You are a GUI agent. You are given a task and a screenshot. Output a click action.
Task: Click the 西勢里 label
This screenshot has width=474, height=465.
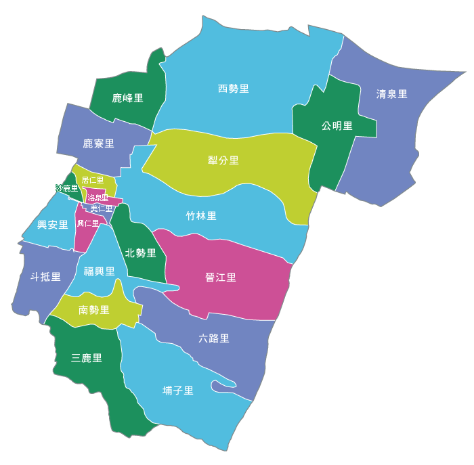pyautogui.click(x=234, y=89)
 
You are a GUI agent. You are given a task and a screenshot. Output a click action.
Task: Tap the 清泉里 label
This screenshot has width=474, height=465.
pyautogui.click(x=392, y=94)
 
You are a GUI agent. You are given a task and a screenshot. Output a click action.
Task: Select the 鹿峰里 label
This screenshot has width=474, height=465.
pyautogui.click(x=127, y=98)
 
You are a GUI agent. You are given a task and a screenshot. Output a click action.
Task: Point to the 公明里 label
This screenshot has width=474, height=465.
pyautogui.click(x=337, y=125)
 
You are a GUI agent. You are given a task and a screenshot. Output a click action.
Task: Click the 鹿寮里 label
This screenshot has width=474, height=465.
pyautogui.click(x=98, y=143)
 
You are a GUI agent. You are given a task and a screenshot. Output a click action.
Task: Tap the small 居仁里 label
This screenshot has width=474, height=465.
pyautogui.click(x=93, y=180)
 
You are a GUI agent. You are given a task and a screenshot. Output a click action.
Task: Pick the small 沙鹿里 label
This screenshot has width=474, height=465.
pyautogui.click(x=67, y=188)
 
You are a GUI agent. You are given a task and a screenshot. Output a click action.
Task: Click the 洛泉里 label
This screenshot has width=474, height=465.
pyautogui.click(x=98, y=198)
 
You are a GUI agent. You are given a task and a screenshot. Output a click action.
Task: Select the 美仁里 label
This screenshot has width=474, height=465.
pyautogui.click(x=102, y=208)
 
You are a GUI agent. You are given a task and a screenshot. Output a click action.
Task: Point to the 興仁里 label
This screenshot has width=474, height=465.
pyautogui.click(x=88, y=223)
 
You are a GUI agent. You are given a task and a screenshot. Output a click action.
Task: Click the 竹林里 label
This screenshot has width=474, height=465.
pyautogui.click(x=201, y=216)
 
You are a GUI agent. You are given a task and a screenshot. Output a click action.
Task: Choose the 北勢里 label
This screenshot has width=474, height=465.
pyautogui.click(x=141, y=253)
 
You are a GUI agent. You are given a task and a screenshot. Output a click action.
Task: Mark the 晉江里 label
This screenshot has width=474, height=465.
pyautogui.click(x=221, y=277)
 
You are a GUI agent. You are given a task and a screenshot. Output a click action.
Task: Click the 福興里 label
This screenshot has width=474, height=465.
pyautogui.click(x=99, y=271)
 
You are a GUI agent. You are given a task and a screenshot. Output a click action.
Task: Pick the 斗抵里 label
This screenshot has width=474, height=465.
pyautogui.click(x=45, y=277)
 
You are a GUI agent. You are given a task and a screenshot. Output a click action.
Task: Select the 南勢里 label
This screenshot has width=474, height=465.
pyautogui.click(x=94, y=310)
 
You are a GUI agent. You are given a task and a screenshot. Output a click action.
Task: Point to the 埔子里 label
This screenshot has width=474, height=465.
pyautogui.click(x=178, y=391)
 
